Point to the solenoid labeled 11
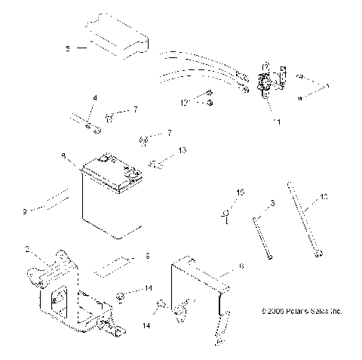(x=265, y=84)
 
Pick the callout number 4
(x=94, y=98)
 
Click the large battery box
(x=113, y=200)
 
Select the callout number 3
(x=271, y=205)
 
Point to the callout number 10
(x=324, y=198)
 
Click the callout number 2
(x=28, y=248)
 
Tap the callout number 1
(x=327, y=85)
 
